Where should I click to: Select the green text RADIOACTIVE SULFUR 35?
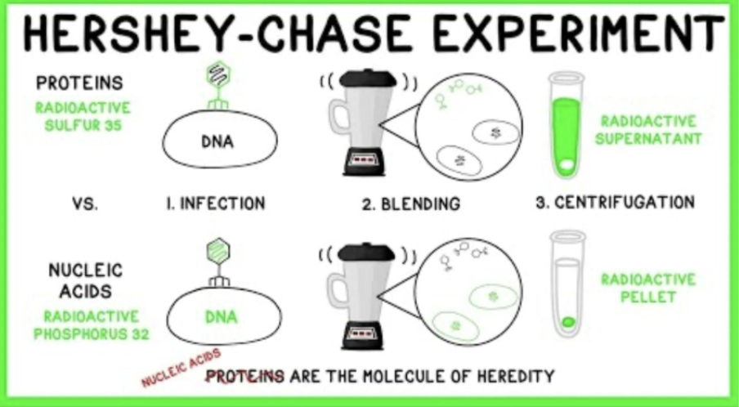tap(83, 115)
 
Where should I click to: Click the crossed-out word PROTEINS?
tap(245, 377)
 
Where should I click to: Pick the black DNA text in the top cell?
tap(217, 142)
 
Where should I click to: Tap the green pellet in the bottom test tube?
tap(567, 321)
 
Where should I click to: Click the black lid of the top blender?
tap(368, 78)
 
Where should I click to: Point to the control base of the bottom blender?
tap(367, 330)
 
